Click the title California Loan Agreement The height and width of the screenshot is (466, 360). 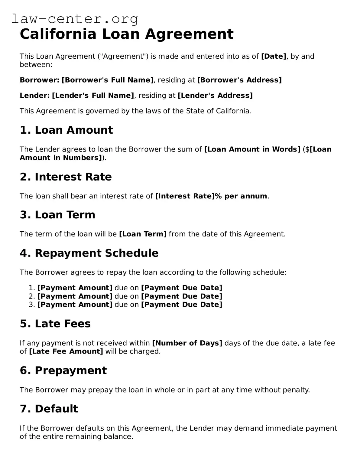[x=126, y=34]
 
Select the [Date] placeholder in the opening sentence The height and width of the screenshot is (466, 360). [x=273, y=56]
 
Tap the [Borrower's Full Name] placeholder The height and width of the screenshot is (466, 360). [x=108, y=80]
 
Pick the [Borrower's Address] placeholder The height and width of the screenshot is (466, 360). [x=239, y=80]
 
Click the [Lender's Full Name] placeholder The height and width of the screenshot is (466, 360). [x=93, y=95]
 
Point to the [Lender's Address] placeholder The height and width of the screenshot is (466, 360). [x=215, y=95]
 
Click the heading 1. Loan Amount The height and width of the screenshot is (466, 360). [x=66, y=130]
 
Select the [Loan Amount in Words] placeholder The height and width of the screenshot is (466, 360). [x=252, y=149]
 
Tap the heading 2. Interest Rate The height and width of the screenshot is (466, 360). [x=66, y=177]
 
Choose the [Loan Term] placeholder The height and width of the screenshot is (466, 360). [x=143, y=234]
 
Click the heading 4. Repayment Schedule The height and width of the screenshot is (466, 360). [x=89, y=253]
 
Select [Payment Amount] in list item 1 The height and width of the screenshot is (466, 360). [x=75, y=288]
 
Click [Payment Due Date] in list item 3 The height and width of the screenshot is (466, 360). [x=181, y=305]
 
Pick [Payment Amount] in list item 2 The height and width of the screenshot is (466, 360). [x=75, y=296]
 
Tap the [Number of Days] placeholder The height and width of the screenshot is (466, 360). [x=187, y=343]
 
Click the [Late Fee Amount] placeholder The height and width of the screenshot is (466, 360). [x=66, y=351]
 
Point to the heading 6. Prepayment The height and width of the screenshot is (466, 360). [x=63, y=370]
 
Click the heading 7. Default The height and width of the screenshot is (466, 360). [x=49, y=409]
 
